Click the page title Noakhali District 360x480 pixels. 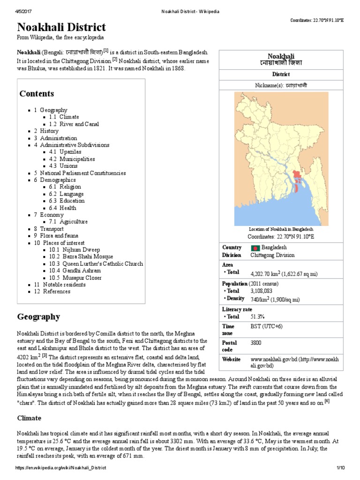tap(61, 27)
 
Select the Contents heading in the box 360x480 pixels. tap(37, 93)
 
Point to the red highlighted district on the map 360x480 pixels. tap(297, 178)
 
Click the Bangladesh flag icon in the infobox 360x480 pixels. tap(255, 247)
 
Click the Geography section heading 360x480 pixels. tap(38, 316)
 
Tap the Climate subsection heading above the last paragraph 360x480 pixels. tap(29, 418)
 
